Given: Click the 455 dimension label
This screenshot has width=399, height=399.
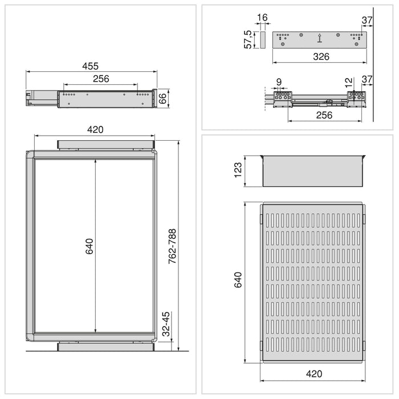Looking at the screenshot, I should (x=91, y=66).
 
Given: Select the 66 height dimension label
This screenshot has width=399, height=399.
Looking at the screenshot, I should (x=162, y=97).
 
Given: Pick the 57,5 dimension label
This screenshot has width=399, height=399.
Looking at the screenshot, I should (x=248, y=39).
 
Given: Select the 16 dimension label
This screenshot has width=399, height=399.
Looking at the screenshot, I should (x=262, y=18).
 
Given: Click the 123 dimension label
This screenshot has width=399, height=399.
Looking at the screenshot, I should (x=238, y=170).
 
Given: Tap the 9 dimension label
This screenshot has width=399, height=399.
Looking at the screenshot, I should (x=279, y=82).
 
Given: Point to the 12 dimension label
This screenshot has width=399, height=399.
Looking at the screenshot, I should (x=348, y=82).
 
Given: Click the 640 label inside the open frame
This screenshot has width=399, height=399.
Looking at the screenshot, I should (x=89, y=246).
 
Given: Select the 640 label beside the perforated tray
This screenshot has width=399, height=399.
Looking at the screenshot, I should (x=238, y=280).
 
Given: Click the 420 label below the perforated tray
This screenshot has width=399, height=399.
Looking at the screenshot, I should (x=313, y=374).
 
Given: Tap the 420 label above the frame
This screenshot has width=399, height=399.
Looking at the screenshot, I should (x=95, y=129).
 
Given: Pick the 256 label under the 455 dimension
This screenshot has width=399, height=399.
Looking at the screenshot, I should (x=100, y=79).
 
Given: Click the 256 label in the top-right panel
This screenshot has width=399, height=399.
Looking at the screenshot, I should (x=324, y=115).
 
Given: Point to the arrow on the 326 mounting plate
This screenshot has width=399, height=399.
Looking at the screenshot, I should (x=319, y=39).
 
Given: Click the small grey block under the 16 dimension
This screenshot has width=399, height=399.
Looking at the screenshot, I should (x=263, y=40).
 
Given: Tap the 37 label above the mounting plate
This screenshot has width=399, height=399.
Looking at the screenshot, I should (x=367, y=21).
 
